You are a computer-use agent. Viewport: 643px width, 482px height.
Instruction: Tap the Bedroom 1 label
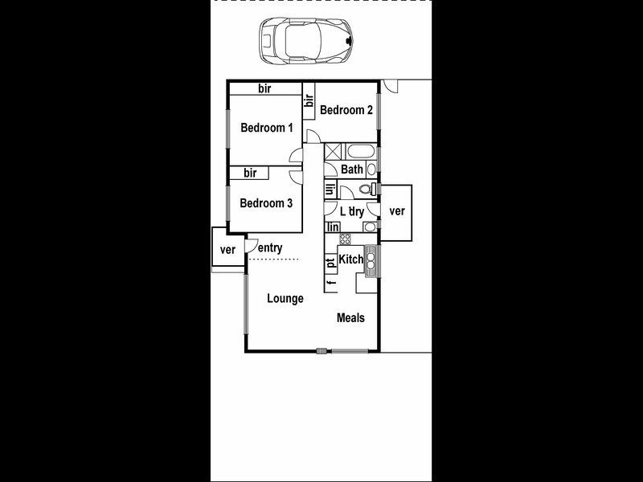[267, 128]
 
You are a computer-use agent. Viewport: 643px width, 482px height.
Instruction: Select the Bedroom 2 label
[346, 111]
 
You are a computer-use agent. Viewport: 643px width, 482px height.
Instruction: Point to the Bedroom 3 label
[266, 203]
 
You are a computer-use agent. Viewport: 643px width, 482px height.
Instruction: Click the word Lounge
[285, 299]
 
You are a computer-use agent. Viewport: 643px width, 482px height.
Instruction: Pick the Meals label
[350, 318]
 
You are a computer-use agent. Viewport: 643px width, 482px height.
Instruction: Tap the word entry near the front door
[271, 249]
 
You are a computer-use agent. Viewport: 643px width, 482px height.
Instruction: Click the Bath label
[352, 170]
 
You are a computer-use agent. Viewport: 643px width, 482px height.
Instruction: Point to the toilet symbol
[366, 190]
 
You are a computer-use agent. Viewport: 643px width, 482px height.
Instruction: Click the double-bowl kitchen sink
[372, 259]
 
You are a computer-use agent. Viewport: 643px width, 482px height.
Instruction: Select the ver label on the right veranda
[396, 211]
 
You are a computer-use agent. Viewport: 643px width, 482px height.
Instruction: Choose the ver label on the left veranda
[227, 250]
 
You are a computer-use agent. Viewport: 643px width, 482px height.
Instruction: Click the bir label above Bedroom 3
[250, 173]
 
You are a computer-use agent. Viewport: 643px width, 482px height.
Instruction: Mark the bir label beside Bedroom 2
[309, 101]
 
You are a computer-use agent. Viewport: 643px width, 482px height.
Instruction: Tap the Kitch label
[351, 259]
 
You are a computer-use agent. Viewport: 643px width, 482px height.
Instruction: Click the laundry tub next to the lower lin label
[367, 227]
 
